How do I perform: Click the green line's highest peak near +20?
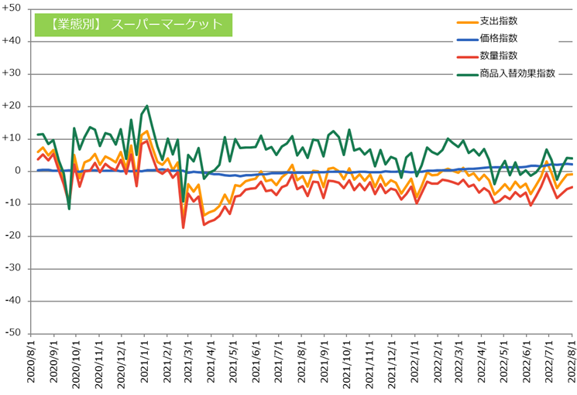(147, 106)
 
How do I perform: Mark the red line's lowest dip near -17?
(184, 227)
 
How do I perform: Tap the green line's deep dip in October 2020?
(69, 209)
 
